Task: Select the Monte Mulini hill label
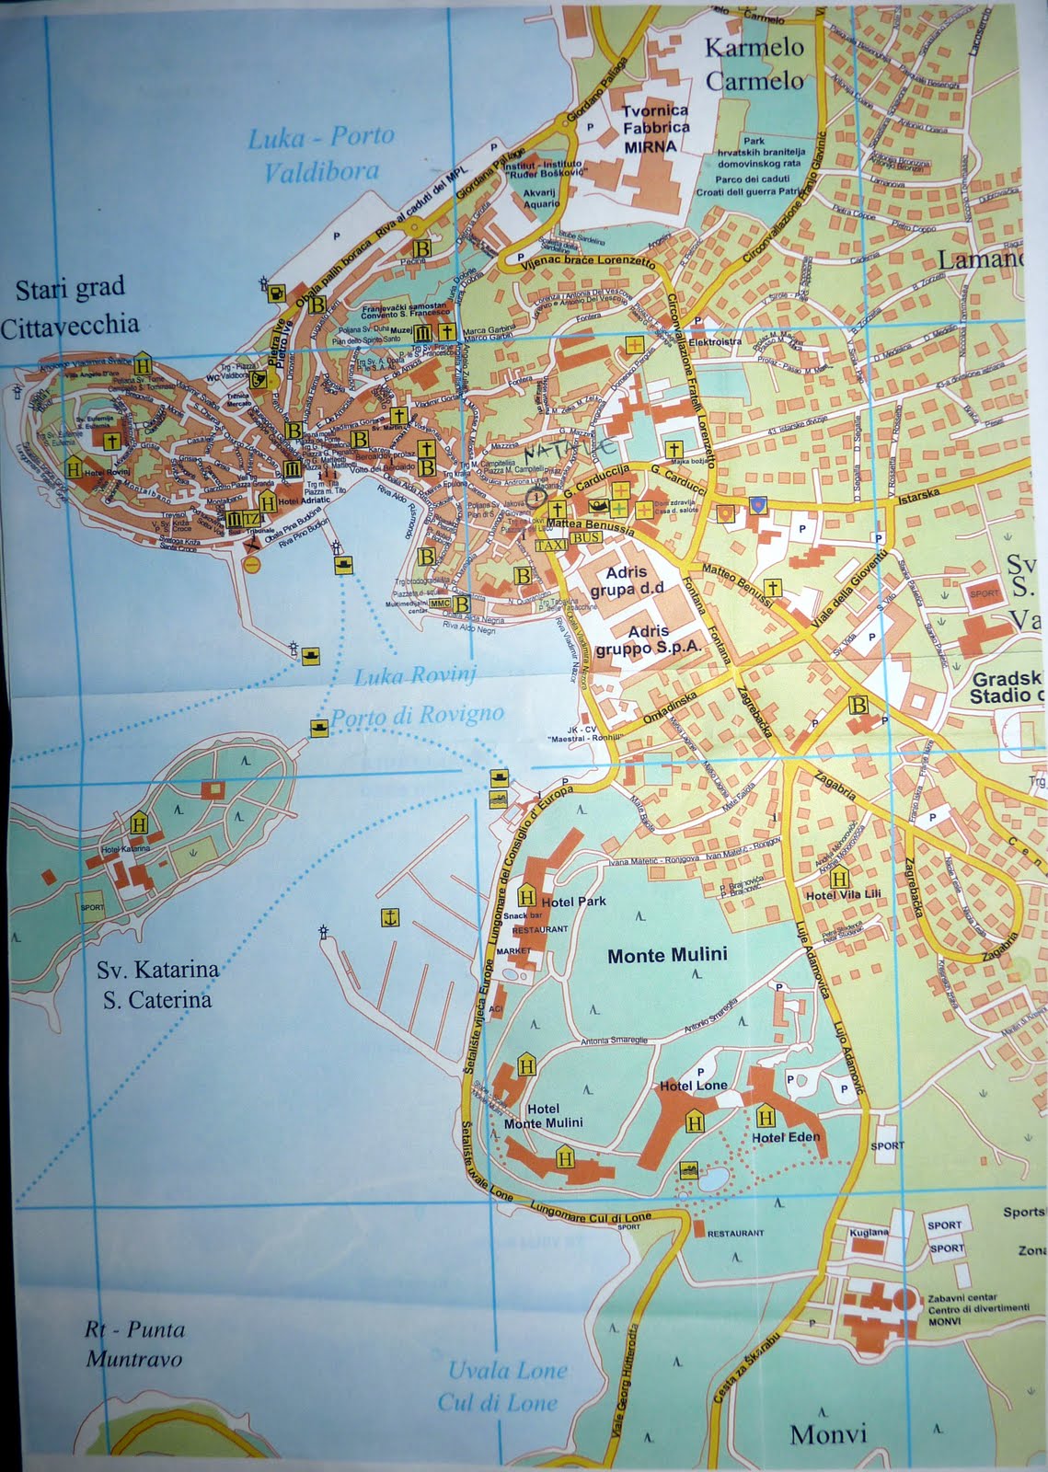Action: (667, 955)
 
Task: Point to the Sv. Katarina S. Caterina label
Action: (157, 984)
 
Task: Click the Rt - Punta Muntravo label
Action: (134, 1344)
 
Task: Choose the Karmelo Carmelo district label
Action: (754, 63)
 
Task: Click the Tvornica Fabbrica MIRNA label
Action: (654, 128)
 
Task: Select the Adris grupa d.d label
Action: (626, 581)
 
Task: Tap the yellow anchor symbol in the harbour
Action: (390, 917)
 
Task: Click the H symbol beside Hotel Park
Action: (527, 897)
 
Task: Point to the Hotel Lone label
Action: (693, 1086)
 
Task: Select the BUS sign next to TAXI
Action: (585, 537)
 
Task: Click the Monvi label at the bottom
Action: (828, 1433)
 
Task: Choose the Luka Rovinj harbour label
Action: (415, 676)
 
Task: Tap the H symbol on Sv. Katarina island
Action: (140, 822)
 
